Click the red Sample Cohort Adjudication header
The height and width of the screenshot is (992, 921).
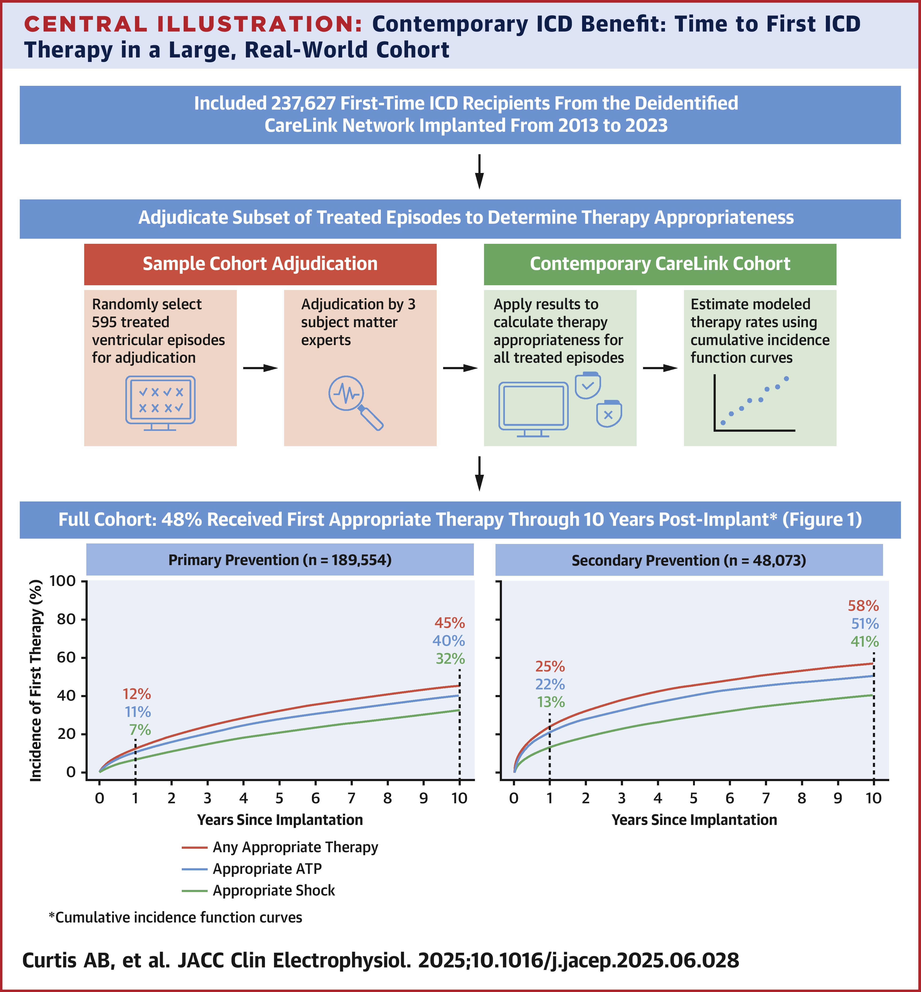[260, 264]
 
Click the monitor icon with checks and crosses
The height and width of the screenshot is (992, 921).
[160, 402]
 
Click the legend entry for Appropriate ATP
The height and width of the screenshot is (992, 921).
[267, 869]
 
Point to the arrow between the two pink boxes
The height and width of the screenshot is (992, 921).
[260, 368]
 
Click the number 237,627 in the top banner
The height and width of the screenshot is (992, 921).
[304, 103]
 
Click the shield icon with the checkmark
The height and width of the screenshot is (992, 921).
[588, 385]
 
